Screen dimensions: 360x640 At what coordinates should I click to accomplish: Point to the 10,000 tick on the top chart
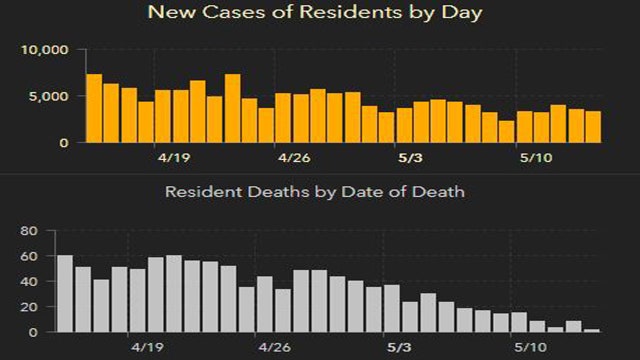pos(46,50)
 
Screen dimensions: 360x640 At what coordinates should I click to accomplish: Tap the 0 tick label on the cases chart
pos(65,143)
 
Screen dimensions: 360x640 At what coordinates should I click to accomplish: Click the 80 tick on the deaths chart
pos(30,231)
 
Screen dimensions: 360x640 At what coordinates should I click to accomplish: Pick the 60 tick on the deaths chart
pos(30,256)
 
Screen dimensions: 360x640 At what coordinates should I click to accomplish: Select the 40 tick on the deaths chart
pos(30,282)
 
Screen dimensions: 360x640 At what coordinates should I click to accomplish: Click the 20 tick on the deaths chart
pos(30,307)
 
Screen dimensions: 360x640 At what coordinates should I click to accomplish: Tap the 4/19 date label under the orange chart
pos(173,158)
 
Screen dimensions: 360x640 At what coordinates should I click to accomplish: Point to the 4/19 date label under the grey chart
pos(147,347)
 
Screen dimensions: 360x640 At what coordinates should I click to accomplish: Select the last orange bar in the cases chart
pos(593,127)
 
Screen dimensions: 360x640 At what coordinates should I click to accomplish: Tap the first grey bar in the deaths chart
pos(65,294)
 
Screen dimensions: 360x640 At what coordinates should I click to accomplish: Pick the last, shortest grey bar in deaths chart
pos(591,330)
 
